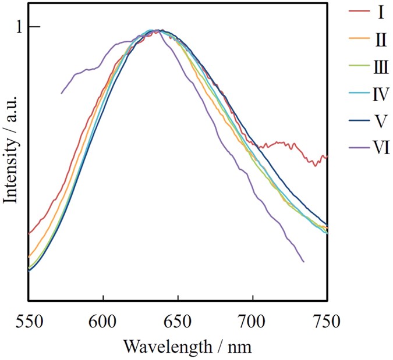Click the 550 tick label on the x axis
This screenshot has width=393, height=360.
tap(28, 320)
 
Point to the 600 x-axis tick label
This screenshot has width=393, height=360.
tap(102, 320)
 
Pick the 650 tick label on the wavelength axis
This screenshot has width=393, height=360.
tap(178, 320)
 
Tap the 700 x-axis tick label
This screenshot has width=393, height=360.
tap(253, 320)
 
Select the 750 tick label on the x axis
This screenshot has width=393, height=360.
tap(327, 320)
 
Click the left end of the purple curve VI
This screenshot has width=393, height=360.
tap(62, 93)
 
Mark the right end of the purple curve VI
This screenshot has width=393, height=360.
tap(303, 262)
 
